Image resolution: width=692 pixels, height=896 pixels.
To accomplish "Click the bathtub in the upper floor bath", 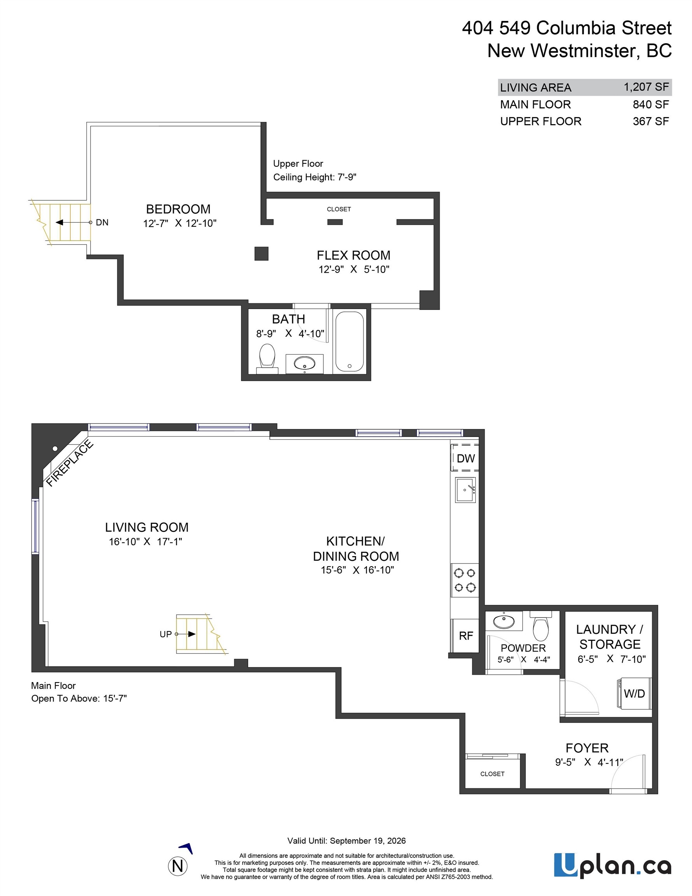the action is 349,342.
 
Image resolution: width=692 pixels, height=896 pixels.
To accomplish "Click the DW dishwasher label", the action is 466,458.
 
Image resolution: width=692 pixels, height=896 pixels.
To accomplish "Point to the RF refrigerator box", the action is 465,635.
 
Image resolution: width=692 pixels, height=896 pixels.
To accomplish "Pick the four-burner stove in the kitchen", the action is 465,580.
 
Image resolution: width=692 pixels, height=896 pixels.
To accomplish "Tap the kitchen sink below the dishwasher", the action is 465,490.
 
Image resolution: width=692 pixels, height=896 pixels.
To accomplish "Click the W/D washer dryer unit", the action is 634,693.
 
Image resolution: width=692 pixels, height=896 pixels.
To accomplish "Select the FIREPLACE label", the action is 69,463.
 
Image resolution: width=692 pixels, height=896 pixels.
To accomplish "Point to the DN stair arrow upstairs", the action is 73,222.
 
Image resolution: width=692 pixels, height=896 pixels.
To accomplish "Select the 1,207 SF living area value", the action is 646,87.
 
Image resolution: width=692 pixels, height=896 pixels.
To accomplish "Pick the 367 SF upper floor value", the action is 650,121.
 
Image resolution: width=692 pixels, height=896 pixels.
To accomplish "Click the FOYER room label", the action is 587,748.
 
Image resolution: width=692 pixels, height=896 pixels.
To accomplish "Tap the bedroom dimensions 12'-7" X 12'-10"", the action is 180,223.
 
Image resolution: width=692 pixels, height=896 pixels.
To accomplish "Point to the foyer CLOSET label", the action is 492,774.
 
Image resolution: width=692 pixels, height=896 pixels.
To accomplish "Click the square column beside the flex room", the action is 261,254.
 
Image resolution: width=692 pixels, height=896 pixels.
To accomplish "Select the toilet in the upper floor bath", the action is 267,359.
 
